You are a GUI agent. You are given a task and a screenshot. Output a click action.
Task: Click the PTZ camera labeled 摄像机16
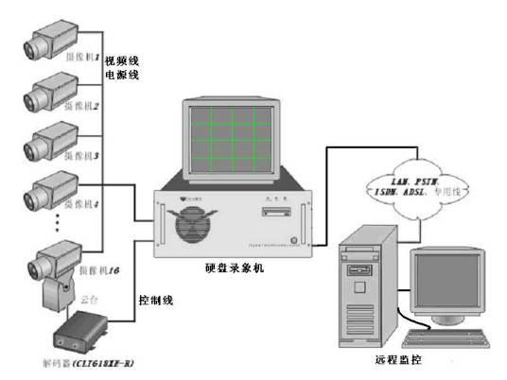click(60, 264)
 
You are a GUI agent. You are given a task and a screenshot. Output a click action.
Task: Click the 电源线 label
click(122, 74)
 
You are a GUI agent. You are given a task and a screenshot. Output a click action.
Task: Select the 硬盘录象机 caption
click(234, 269)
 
